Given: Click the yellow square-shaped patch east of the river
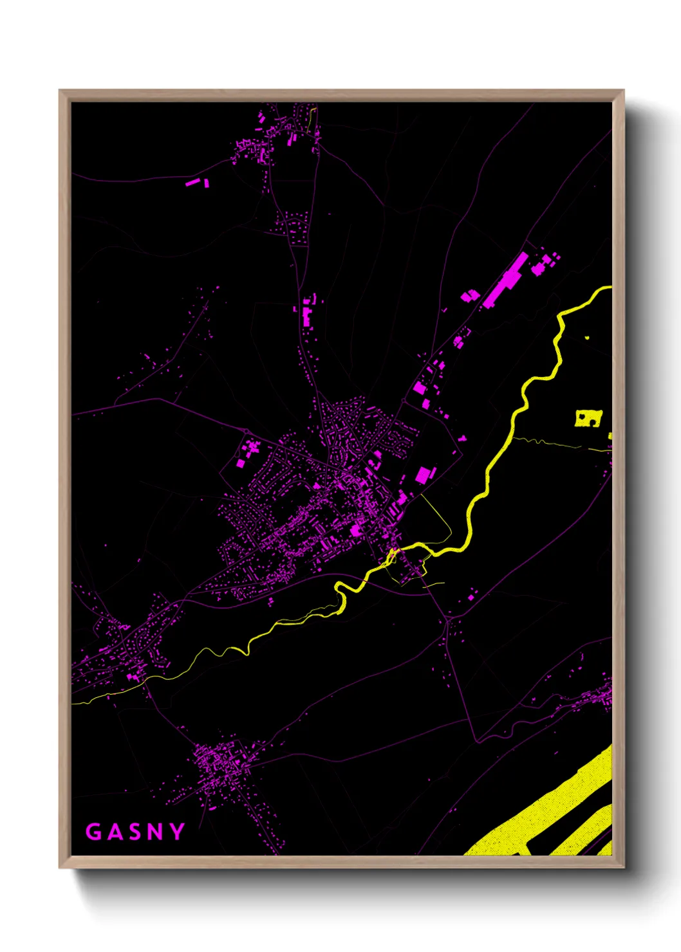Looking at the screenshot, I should (588, 418).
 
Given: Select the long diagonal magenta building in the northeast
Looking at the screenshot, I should (507, 279).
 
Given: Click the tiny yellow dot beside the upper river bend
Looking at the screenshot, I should (587, 337).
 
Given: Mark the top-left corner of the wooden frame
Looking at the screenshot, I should (60, 91).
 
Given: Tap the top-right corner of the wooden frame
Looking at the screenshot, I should (623, 91).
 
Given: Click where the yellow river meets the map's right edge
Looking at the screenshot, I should (610, 288).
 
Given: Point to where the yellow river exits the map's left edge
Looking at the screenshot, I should (73, 703).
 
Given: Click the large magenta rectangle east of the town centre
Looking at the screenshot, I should (423, 475).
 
